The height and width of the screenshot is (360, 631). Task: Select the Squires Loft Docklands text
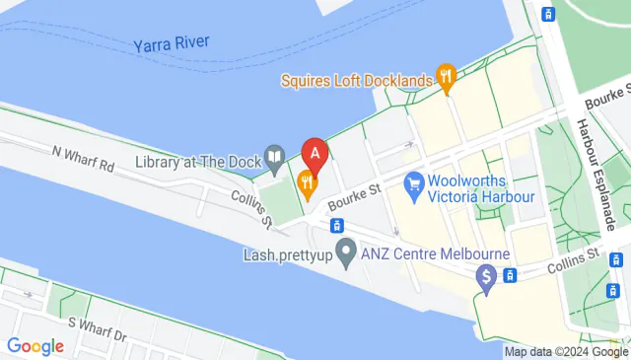(357, 79)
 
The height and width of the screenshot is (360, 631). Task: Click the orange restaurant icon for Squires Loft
(446, 77)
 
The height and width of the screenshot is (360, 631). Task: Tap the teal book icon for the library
(273, 158)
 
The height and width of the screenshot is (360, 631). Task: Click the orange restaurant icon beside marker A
(307, 180)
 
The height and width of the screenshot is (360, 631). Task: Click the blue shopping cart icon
(414, 182)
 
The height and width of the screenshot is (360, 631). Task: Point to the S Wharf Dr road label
(99, 329)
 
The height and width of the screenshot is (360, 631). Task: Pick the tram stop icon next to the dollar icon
(510, 275)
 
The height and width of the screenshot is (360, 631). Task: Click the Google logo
(35, 345)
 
